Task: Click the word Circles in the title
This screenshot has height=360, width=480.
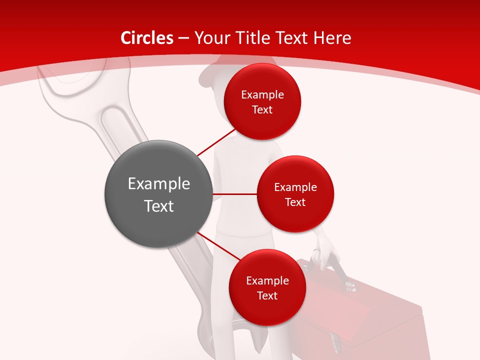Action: coord(146,38)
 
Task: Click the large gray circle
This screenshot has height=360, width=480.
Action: coord(158,194)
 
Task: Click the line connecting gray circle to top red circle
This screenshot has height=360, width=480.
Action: coord(216,142)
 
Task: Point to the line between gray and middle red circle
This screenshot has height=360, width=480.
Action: coord(235,194)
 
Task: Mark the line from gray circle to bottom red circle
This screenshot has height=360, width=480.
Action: coord(219,246)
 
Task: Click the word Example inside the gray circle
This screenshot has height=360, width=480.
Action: coord(158,184)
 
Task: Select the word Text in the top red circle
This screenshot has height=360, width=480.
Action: coord(262,110)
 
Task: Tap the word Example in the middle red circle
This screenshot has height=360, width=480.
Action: coord(295,187)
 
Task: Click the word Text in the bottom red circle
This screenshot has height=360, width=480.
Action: coord(267,296)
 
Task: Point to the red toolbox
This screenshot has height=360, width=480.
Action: coord(365,315)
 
